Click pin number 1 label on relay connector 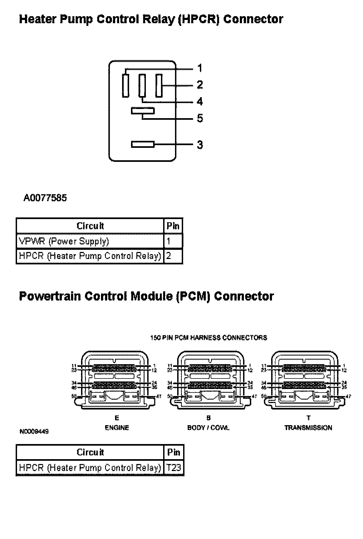pyautogui.click(x=200, y=68)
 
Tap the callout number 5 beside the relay pyautogui.click(x=200, y=118)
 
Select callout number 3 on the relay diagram pyautogui.click(x=200, y=145)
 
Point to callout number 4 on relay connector pyautogui.click(x=200, y=102)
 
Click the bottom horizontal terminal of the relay pyautogui.click(x=143, y=144)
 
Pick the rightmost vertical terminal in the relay pyautogui.click(x=159, y=86)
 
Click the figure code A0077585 pyautogui.click(x=45, y=198)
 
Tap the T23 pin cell pyautogui.click(x=174, y=468)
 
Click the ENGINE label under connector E pyautogui.click(x=117, y=428)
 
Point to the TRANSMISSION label pyautogui.click(x=308, y=428)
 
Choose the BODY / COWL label pyautogui.click(x=208, y=428)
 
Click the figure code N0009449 pyautogui.click(x=34, y=432)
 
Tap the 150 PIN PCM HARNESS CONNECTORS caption pyautogui.click(x=209, y=338)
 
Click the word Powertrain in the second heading pyautogui.click(x=50, y=296)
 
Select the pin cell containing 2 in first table pyautogui.click(x=173, y=256)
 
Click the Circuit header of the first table pyautogui.click(x=90, y=226)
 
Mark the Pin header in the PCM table pyautogui.click(x=174, y=452)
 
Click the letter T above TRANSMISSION pyautogui.click(x=308, y=418)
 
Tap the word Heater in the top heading pyautogui.click(x=38, y=19)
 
